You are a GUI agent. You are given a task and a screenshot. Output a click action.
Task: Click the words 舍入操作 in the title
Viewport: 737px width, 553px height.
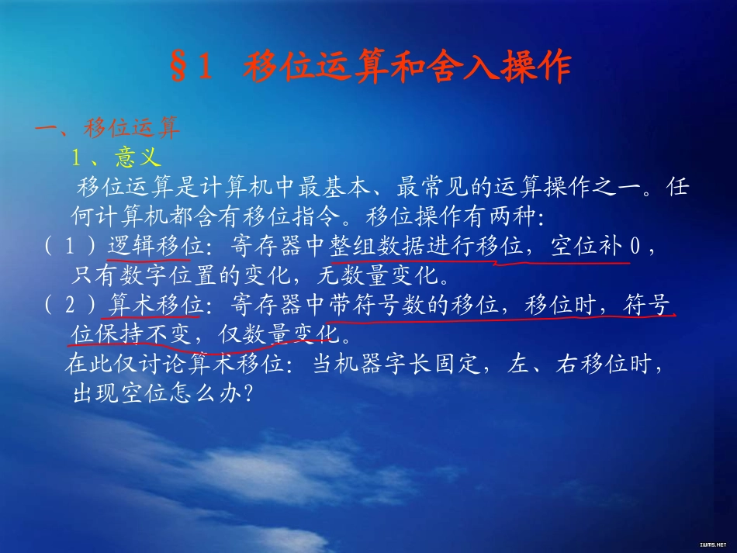coord(505,67)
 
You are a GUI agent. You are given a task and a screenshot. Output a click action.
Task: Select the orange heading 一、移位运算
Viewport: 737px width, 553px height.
coord(107,127)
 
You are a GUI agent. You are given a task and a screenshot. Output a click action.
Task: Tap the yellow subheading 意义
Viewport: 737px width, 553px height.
coord(137,157)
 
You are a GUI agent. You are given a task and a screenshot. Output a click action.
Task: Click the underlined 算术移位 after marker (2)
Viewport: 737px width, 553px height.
coord(155,306)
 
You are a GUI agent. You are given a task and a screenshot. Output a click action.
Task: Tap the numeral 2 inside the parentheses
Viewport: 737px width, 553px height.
coord(69,306)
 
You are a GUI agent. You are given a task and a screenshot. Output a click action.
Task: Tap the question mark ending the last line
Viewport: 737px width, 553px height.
coord(248,395)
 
